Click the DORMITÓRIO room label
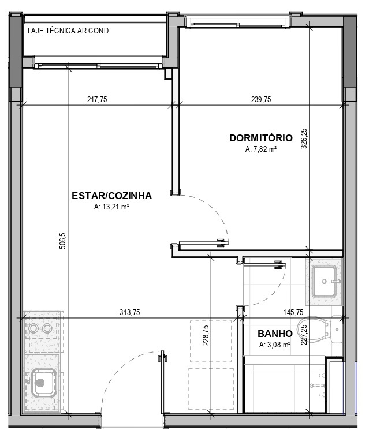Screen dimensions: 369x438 coord(261,138)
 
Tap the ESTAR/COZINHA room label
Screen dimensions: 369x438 coord(112,196)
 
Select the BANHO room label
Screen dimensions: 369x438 coord(275,334)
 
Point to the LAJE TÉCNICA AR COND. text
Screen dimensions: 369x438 coord(69,31)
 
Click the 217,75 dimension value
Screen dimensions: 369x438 coord(97,99)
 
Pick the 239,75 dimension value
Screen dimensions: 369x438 coord(261,99)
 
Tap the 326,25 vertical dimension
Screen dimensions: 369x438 coord(304,138)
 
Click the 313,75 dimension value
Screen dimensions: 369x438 coord(130,312)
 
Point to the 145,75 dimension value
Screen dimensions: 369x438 coord(293,312)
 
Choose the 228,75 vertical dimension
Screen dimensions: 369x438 coord(206,335)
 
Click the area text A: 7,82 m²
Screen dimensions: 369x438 coord(261,149)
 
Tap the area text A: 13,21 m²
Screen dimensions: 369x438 coord(111,207)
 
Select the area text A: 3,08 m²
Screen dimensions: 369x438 coord(275,345)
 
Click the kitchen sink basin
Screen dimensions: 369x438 coord(44,383)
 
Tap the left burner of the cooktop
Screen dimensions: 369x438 coord(34,328)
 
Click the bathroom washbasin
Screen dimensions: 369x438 coord(325,281)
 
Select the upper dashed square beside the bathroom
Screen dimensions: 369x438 coord(211,342)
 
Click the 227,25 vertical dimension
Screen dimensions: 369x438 coord(304,334)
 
